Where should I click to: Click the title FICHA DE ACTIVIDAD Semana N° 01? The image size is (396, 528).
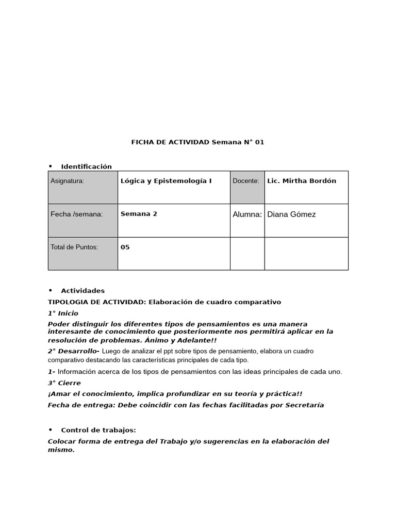[197, 142]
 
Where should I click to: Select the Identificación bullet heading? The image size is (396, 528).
[86, 166]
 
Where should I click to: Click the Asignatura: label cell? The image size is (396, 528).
[68, 181]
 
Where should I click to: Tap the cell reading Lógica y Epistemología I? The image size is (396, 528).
[166, 181]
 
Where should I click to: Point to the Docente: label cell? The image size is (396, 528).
[246, 181]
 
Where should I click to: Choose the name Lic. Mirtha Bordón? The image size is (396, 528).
[302, 181]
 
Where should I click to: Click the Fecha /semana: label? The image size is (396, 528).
[76, 214]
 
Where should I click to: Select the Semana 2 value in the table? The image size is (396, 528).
[139, 214]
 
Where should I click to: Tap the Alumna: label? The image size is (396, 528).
[247, 214]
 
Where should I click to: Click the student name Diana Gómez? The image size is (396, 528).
[291, 214]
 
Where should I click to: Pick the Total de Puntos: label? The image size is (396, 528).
[74, 247]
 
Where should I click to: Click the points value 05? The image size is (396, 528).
[125, 247]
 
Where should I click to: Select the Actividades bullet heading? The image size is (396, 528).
[82, 291]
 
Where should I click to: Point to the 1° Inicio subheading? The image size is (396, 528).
[63, 313]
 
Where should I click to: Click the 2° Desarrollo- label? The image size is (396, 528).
[74, 351]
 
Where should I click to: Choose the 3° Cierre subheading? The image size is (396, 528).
[64, 383]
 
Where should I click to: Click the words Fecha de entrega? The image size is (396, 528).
[81, 405]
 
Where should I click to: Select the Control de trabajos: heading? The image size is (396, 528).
[98, 430]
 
